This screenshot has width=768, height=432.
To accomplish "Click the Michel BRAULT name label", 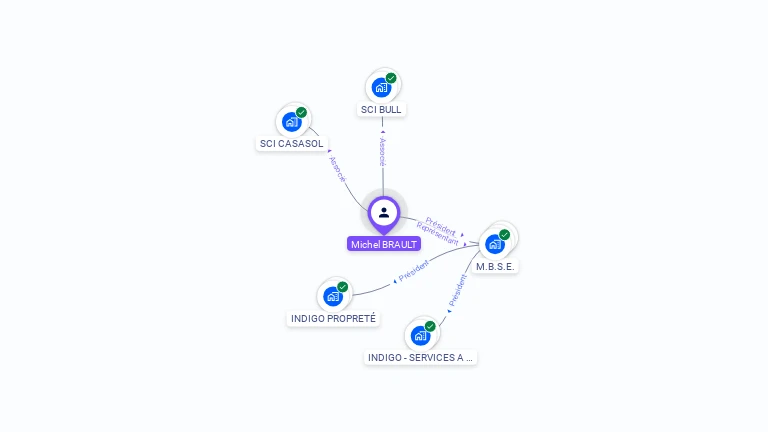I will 384,244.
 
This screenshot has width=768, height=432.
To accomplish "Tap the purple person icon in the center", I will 384,212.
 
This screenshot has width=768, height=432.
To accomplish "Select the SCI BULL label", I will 382,110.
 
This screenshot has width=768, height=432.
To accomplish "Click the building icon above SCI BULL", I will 381,88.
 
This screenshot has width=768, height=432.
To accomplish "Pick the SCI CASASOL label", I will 291,144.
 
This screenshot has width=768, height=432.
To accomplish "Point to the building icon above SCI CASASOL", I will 291,122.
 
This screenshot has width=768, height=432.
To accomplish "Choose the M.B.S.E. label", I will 496,267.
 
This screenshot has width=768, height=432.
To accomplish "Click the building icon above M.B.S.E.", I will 494,244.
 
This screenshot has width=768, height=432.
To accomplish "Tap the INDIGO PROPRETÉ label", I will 333,319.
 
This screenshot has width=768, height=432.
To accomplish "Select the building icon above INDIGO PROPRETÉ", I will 332,296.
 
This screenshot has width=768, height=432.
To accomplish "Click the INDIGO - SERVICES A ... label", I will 420,357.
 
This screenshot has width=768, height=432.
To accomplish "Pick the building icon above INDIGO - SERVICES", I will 420,335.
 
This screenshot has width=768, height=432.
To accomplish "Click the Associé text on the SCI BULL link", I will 382,152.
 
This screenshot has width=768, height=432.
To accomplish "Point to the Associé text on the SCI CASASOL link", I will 337,169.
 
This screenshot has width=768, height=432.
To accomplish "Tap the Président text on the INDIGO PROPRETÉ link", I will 414,270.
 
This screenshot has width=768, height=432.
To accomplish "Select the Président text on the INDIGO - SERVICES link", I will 458,289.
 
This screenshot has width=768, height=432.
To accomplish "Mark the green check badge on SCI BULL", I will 391,78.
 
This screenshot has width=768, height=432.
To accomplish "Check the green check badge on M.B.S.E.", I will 504,235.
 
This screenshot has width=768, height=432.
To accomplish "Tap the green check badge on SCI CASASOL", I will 301,113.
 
